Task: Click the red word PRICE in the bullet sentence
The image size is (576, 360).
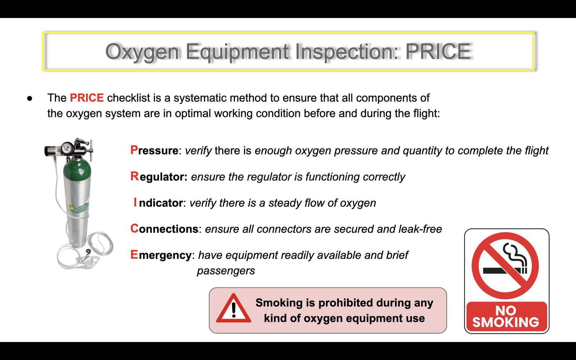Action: click(87, 98)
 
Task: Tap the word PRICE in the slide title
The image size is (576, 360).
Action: click(438, 51)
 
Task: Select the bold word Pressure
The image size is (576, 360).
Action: click(154, 150)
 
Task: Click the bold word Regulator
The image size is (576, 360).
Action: click(159, 177)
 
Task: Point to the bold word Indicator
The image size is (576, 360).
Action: click(158, 203)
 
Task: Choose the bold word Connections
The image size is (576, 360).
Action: click(164, 229)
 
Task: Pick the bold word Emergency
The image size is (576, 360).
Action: click(161, 255)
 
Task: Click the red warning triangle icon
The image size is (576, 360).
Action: click(234, 309)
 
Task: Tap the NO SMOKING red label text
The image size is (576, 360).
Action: click(506, 316)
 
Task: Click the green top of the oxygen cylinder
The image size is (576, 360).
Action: click(77, 170)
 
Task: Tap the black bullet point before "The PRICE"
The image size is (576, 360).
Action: click(30, 99)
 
